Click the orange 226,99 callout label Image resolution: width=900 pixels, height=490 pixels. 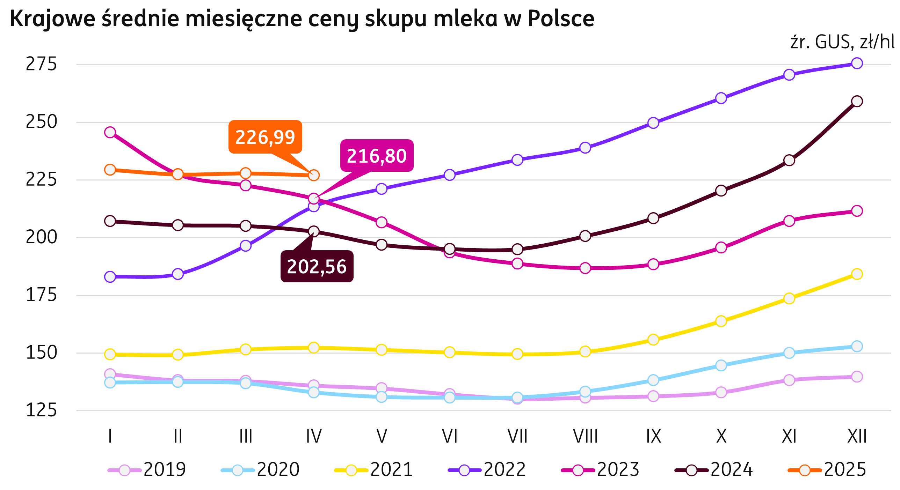click(x=265, y=137)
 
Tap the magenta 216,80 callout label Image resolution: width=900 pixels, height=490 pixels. click(x=377, y=156)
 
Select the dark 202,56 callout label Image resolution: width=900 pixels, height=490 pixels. click(x=317, y=266)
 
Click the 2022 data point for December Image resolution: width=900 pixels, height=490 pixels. click(x=857, y=63)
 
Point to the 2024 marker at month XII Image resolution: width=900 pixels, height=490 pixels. click(x=857, y=101)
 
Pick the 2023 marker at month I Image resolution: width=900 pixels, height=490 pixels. click(x=110, y=132)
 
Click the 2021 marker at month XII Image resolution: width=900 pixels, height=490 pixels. click(x=857, y=274)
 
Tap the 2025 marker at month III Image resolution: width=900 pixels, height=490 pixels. click(x=246, y=173)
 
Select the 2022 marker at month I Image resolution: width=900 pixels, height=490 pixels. click(x=110, y=277)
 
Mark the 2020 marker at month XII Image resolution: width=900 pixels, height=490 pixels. click(x=857, y=346)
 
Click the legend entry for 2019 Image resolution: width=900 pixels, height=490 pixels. click(x=147, y=470)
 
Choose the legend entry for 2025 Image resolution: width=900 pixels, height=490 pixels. click(x=827, y=470)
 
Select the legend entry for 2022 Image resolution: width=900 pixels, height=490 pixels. click(x=487, y=470)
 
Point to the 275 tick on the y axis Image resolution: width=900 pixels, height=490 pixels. click(x=41, y=64)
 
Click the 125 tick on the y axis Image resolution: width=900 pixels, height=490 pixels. click(x=41, y=410)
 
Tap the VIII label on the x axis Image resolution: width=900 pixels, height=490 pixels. click(x=585, y=436)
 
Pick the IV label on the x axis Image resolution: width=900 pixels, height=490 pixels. click(x=314, y=436)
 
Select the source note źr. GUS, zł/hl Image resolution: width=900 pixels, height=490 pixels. click(x=842, y=43)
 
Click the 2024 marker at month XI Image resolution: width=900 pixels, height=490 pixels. click(x=789, y=161)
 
